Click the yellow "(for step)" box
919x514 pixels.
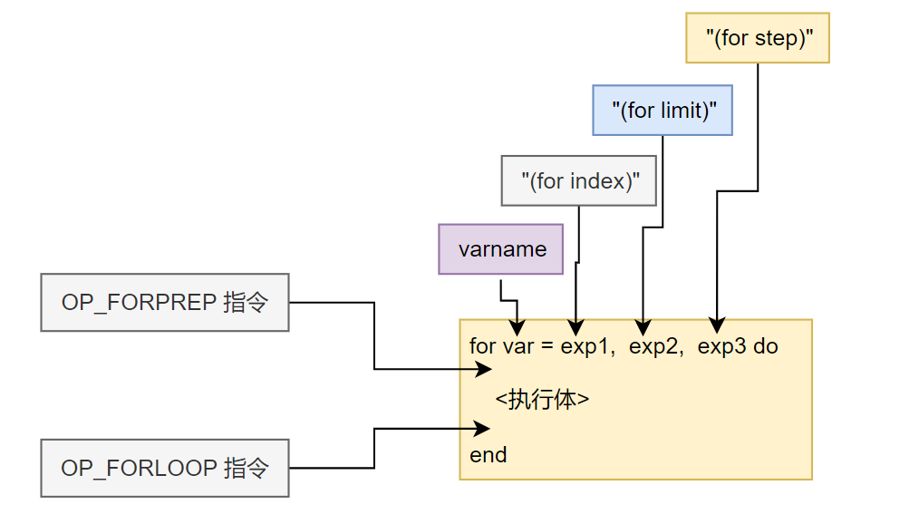point(757,38)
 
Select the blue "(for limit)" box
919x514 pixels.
point(663,111)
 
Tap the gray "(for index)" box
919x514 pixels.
point(579,180)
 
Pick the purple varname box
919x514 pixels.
point(501,249)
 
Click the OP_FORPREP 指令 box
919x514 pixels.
point(165,302)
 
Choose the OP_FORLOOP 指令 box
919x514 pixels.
point(165,468)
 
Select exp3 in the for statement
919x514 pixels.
point(722,346)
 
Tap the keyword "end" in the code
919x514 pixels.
point(489,455)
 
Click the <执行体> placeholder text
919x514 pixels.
point(542,400)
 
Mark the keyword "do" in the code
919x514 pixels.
point(766,346)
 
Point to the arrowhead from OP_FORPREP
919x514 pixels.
point(484,369)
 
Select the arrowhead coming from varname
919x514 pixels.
point(517,328)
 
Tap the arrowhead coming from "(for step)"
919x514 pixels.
point(716,325)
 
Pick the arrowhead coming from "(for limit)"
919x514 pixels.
point(643,325)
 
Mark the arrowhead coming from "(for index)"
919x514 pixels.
point(575,325)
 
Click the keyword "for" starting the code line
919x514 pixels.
point(482,346)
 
